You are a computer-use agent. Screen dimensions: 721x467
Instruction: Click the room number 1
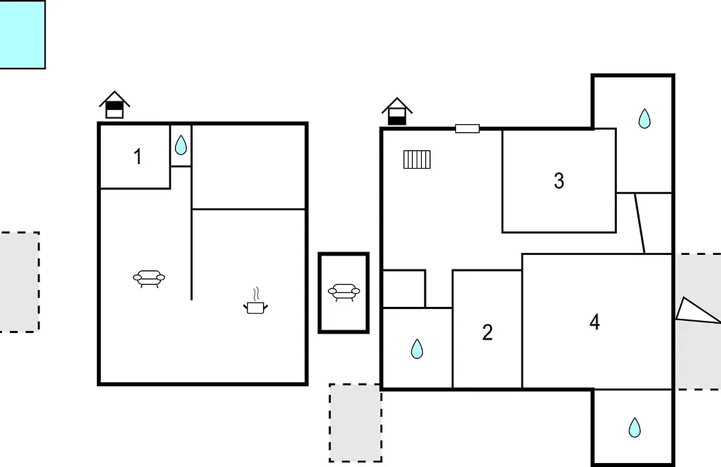click(138, 157)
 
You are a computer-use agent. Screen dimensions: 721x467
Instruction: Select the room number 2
click(487, 332)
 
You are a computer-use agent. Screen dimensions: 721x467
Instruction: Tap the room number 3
click(559, 181)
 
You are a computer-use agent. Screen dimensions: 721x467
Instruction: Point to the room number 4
click(595, 322)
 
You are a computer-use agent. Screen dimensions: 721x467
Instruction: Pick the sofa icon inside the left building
click(149, 279)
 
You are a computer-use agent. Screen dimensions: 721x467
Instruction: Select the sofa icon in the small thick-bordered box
click(344, 292)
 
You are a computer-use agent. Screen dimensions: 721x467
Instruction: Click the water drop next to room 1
click(181, 145)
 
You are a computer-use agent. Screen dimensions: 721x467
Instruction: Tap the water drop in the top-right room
click(644, 119)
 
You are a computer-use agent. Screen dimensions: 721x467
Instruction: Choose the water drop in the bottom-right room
click(635, 428)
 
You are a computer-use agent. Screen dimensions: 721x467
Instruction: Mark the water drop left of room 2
click(417, 349)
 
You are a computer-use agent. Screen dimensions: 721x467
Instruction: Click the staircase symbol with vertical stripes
click(417, 159)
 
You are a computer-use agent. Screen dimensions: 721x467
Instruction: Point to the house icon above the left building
click(115, 105)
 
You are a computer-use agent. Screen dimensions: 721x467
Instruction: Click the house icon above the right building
click(397, 111)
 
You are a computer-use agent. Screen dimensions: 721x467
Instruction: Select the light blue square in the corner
click(22, 35)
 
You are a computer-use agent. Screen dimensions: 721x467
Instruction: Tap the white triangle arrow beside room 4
click(696, 312)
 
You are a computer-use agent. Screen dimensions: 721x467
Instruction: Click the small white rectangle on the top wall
click(467, 129)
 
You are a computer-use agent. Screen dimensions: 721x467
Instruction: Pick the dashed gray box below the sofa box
click(355, 423)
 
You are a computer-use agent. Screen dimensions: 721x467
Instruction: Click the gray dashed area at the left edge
click(19, 282)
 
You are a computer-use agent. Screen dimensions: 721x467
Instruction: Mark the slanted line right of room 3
click(640, 223)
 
